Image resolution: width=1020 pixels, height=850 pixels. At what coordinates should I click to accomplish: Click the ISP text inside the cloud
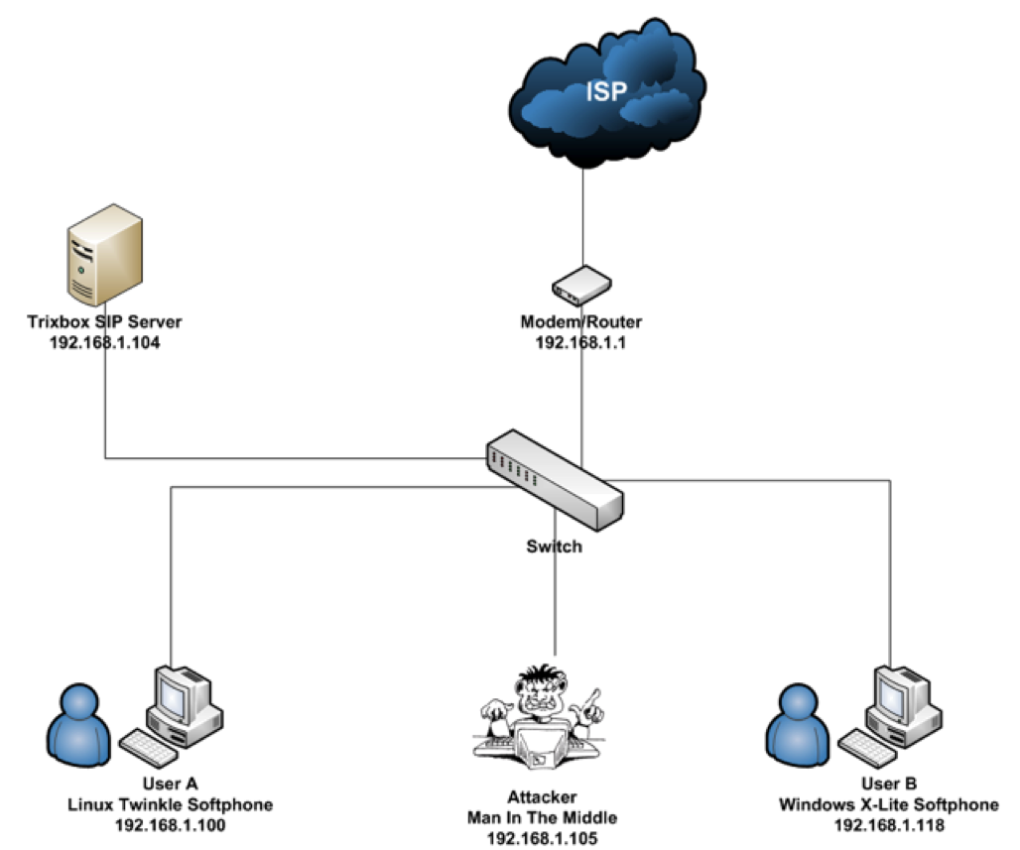(x=606, y=93)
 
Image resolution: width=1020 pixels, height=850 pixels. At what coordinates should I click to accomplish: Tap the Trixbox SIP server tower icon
(x=104, y=255)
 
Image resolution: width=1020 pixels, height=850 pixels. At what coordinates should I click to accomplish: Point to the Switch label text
(x=554, y=546)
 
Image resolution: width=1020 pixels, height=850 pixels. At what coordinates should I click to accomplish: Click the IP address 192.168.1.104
(x=104, y=343)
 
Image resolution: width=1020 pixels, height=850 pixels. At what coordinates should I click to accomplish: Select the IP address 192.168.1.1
(x=581, y=343)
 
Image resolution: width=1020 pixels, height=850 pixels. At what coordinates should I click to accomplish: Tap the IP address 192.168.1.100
(x=171, y=824)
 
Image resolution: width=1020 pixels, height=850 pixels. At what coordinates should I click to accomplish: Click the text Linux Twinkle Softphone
(x=171, y=804)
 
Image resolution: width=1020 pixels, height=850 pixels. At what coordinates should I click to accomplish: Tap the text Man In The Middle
(x=543, y=818)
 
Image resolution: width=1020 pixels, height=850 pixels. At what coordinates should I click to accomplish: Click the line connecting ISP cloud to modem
(x=582, y=213)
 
